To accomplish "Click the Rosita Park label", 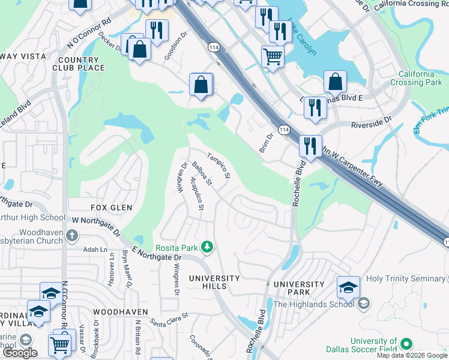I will coord(177,247).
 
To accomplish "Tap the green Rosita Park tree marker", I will coord(207,247).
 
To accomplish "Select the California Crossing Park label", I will coord(412,78).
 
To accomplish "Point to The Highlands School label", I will coord(314,304).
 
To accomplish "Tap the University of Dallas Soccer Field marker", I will coord(406,344).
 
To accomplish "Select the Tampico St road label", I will coord(219,166).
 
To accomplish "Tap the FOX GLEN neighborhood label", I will coord(110,207).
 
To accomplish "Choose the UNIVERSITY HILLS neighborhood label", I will coord(214,282).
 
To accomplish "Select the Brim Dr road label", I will coord(266,143).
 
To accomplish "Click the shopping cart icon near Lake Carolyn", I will coord(273,57).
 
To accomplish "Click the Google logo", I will coord(20,353).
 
